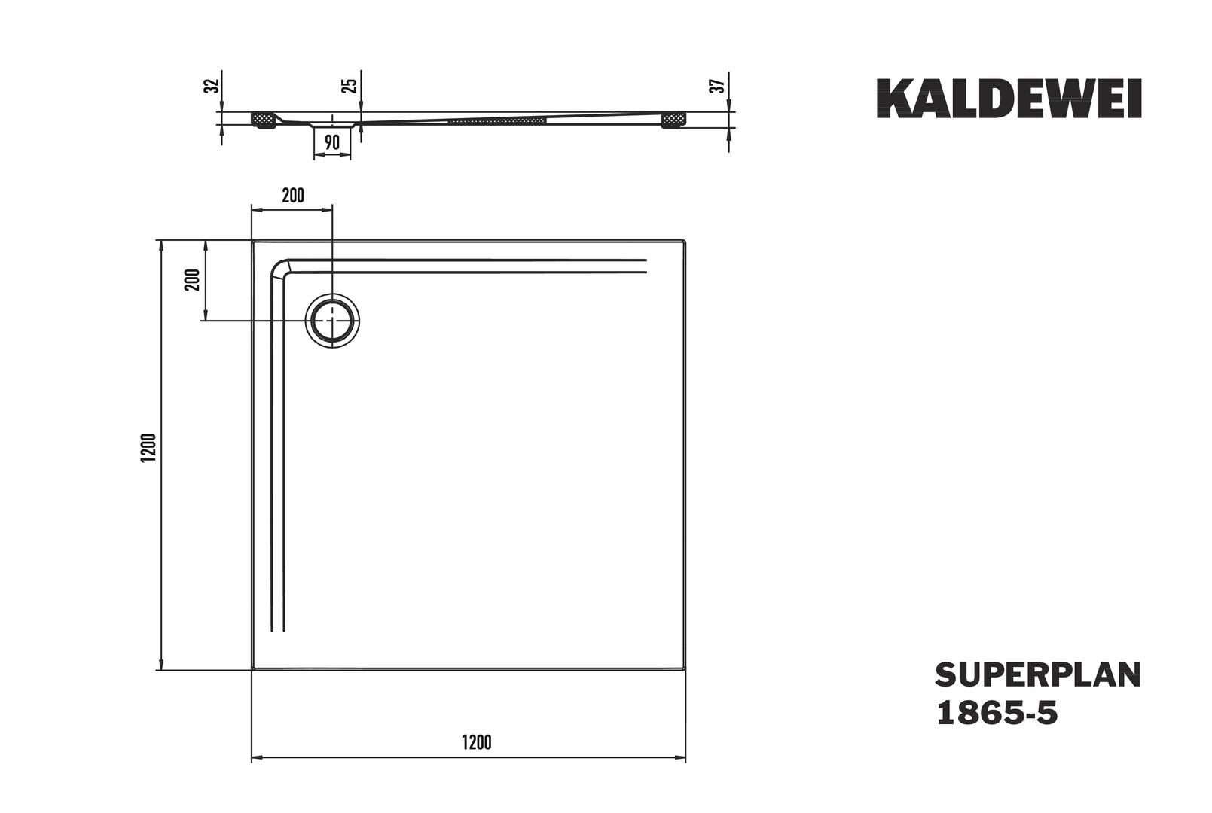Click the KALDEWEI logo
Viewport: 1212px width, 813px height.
pyautogui.click(x=1009, y=99)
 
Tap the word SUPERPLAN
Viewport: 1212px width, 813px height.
pyautogui.click(x=1038, y=675)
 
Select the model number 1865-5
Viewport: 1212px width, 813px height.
pyautogui.click(x=997, y=714)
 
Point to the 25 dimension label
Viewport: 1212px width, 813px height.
pyautogui.click(x=350, y=85)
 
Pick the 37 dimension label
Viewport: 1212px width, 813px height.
pyautogui.click(x=717, y=85)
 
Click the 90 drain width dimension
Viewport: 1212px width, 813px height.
pyautogui.click(x=331, y=142)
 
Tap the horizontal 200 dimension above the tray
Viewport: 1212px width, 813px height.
pyautogui.click(x=293, y=195)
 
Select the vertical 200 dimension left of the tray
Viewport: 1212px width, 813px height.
pyautogui.click(x=193, y=280)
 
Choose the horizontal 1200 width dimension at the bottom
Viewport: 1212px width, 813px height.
pyautogui.click(x=477, y=742)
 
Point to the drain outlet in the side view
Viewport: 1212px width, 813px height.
pyautogui.click(x=332, y=124)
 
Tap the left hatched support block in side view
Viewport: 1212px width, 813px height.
pyautogui.click(x=264, y=120)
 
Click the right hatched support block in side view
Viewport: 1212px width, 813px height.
pyautogui.click(x=673, y=120)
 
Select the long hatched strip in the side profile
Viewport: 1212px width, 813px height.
pyautogui.click(x=496, y=120)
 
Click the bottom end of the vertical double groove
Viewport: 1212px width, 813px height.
pyautogui.click(x=277, y=631)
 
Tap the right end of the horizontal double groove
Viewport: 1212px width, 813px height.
pyautogui.click(x=646, y=266)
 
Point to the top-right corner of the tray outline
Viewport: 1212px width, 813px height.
pyautogui.click(x=685, y=241)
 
